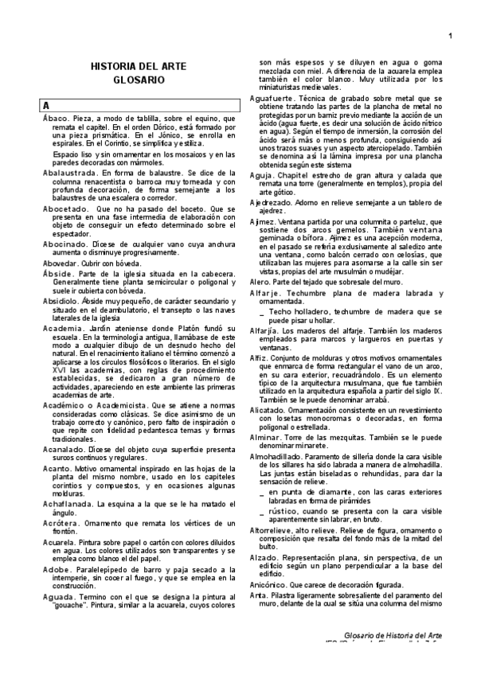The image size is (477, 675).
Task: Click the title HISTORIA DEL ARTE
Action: point(139,68)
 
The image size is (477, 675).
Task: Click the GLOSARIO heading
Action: point(139,80)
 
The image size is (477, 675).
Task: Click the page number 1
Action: point(450,34)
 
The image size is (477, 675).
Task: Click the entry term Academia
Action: point(63,328)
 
